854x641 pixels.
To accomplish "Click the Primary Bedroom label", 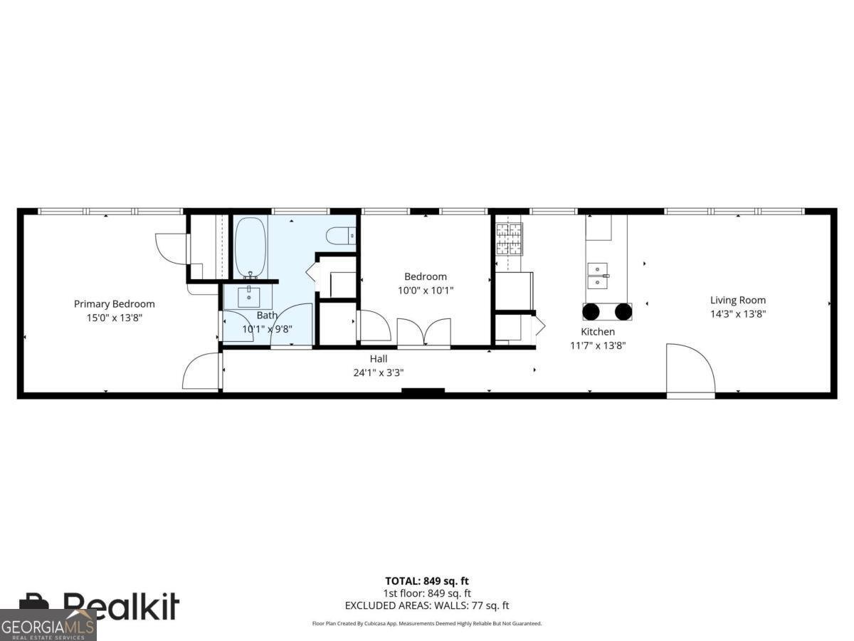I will [x=114, y=304].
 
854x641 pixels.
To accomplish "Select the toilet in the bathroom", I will [x=341, y=235].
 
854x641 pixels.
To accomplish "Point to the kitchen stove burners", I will [x=509, y=239].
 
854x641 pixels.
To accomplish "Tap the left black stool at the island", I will [x=591, y=311].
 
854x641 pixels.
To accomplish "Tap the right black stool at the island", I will [x=623, y=311].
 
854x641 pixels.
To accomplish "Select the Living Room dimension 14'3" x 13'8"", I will [x=737, y=313].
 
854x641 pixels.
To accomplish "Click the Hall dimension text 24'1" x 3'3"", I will [x=378, y=372].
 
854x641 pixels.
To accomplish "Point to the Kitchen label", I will [x=598, y=332].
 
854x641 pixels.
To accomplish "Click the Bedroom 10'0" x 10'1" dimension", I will [x=426, y=290].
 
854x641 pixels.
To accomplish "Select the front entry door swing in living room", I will [x=689, y=368].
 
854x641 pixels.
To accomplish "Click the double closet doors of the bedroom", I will [x=423, y=333].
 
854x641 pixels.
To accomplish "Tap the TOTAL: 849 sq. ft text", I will [x=427, y=580].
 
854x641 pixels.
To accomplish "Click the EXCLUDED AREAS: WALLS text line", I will [x=427, y=605].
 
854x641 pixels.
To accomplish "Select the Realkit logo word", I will [x=121, y=606].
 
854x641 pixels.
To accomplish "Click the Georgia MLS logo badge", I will [x=48, y=625].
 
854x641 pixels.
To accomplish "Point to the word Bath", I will [x=267, y=316].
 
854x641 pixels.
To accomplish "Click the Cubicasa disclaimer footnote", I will [x=427, y=623].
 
